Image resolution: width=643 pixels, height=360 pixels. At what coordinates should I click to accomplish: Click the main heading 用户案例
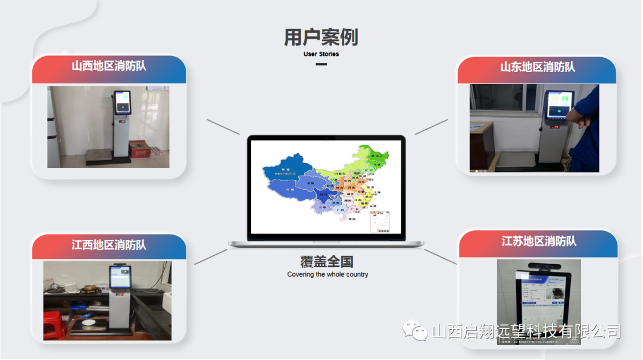tap(321, 37)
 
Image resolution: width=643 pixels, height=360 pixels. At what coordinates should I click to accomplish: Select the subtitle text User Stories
tap(321, 54)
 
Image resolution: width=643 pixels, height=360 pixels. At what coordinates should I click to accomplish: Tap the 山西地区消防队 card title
tap(109, 66)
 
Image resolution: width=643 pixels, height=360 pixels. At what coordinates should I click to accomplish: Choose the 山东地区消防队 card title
tap(538, 67)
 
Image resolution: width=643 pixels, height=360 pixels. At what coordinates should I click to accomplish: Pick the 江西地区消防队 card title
tap(109, 245)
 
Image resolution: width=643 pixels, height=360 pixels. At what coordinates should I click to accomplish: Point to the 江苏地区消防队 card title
tap(539, 242)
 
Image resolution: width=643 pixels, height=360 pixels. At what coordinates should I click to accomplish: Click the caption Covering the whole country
tap(327, 274)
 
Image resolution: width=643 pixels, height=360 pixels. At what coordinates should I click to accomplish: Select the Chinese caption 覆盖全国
tap(327, 261)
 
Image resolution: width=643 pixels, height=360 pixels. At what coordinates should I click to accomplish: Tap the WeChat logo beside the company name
tap(415, 331)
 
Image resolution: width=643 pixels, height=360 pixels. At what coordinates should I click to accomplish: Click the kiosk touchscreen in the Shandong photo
tap(559, 105)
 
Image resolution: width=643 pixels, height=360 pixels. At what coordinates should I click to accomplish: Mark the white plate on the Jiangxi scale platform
tap(93, 323)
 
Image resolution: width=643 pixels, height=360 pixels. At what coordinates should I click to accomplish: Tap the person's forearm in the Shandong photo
tap(581, 117)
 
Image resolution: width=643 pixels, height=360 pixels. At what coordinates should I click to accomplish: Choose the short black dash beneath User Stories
tap(321, 64)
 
